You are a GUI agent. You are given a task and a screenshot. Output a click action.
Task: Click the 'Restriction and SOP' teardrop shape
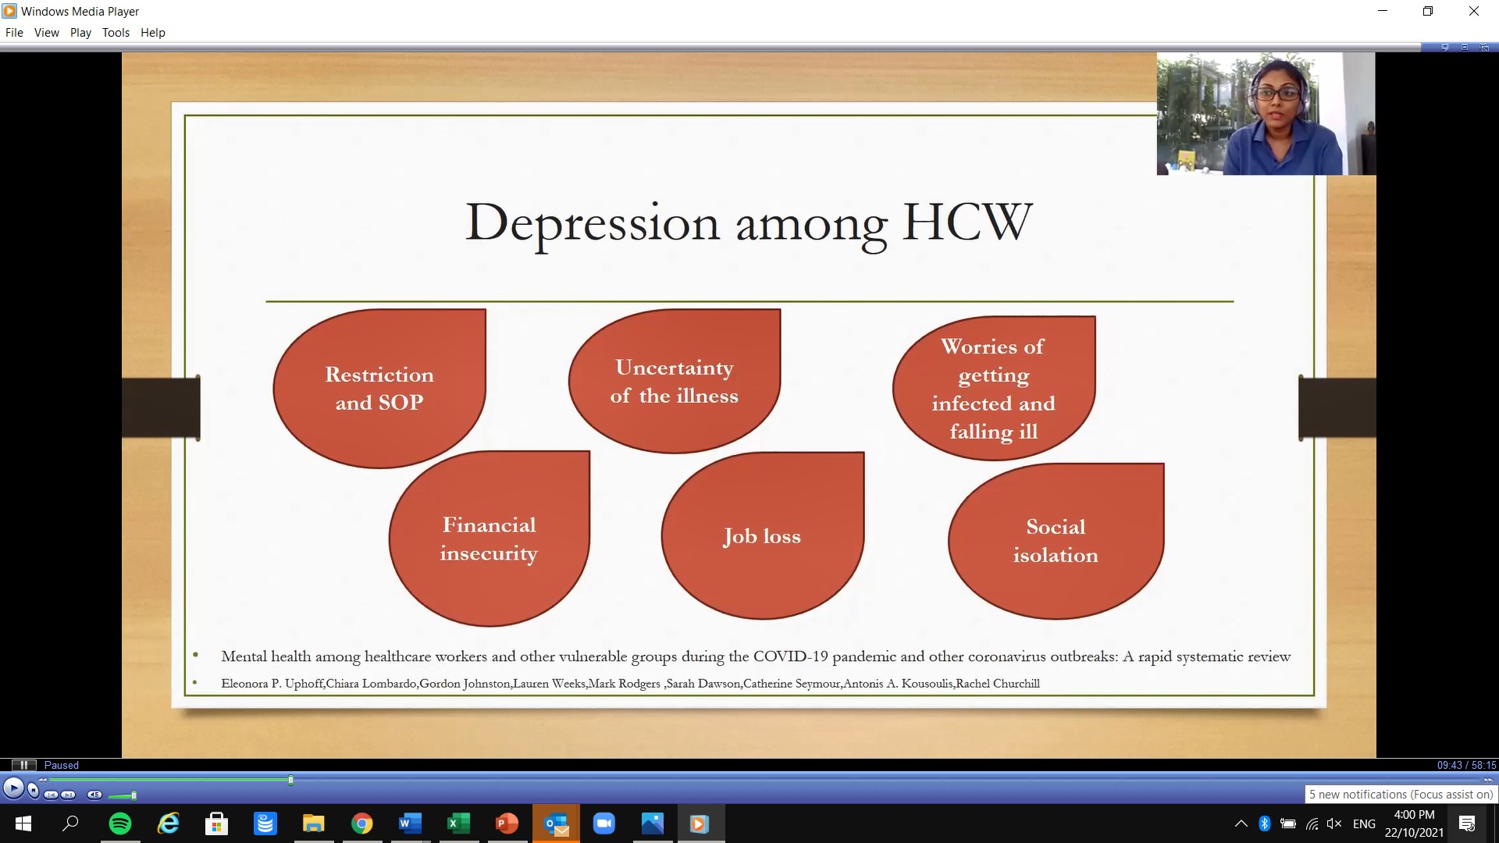(x=379, y=389)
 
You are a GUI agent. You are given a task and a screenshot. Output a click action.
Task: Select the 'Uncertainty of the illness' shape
(x=675, y=381)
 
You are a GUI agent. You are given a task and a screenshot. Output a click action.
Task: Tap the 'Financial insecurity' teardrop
(x=490, y=539)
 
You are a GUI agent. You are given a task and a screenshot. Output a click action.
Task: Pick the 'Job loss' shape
(x=763, y=535)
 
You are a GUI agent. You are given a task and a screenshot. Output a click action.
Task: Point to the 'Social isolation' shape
(x=1056, y=541)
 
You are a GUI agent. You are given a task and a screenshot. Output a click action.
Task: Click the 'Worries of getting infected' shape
(x=994, y=388)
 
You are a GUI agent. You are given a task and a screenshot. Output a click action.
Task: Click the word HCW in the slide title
(x=967, y=222)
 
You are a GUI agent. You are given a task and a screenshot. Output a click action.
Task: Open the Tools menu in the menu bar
(x=116, y=33)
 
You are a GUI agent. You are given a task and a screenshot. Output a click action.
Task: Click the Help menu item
(x=153, y=33)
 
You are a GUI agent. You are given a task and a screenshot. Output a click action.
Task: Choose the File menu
(x=14, y=33)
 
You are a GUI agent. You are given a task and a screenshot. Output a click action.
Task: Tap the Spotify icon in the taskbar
(x=120, y=823)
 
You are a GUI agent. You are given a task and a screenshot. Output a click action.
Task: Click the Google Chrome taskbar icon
(x=361, y=823)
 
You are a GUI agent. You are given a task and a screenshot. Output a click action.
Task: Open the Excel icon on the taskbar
(x=458, y=823)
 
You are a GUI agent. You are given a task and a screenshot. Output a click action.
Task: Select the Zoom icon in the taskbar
(x=604, y=823)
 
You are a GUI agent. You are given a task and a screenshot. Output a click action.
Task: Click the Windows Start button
(x=23, y=823)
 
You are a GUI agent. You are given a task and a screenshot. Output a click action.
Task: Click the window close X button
(x=1474, y=11)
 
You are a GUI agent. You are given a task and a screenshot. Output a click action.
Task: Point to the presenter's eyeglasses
(x=1278, y=94)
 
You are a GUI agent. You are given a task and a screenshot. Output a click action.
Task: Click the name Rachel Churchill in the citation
(x=998, y=684)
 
